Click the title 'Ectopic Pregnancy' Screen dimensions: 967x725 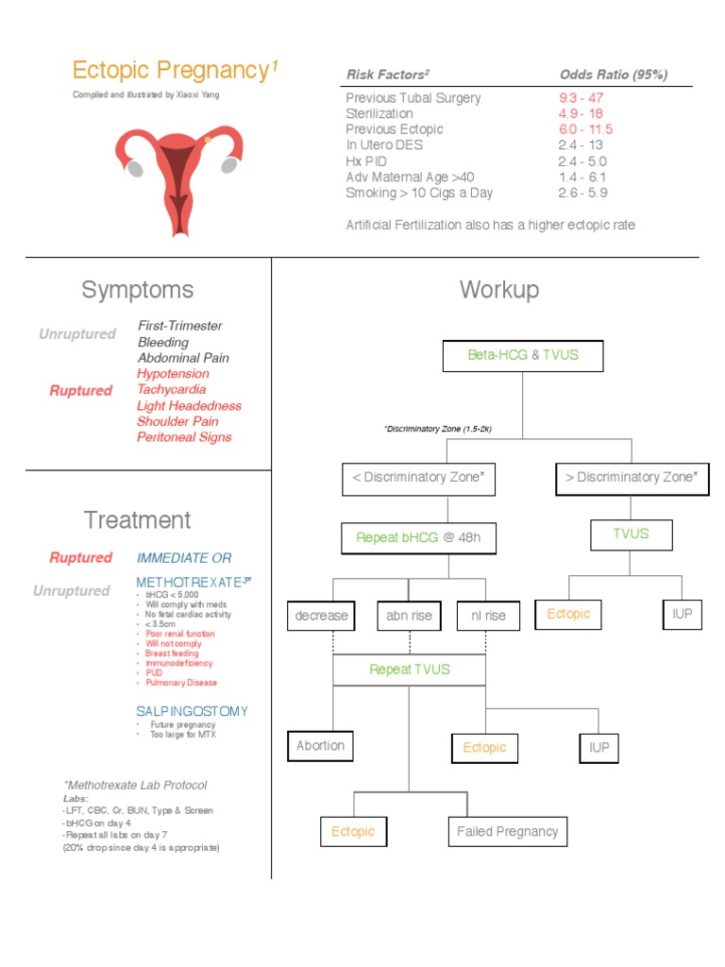click(171, 70)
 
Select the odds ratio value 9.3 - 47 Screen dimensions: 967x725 click(581, 97)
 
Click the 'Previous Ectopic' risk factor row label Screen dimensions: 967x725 click(394, 129)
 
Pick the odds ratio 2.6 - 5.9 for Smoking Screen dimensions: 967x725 click(582, 193)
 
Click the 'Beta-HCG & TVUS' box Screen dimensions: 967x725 click(522, 355)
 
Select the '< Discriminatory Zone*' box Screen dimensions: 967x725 click(417, 478)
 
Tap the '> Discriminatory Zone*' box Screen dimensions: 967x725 click(631, 478)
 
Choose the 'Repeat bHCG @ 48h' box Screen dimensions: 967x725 click(418, 538)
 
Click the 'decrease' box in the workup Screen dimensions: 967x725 click(321, 616)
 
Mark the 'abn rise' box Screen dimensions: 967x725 click(409, 616)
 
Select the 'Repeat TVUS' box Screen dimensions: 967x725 click(409, 670)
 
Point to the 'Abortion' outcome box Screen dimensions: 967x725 click(320, 746)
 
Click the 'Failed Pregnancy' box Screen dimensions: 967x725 click(507, 832)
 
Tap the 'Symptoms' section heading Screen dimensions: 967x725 click(138, 290)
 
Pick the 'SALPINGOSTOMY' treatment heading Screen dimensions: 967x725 click(192, 711)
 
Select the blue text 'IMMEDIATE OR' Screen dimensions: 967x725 click(184, 558)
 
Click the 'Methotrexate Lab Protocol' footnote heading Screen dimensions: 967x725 click(135, 786)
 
